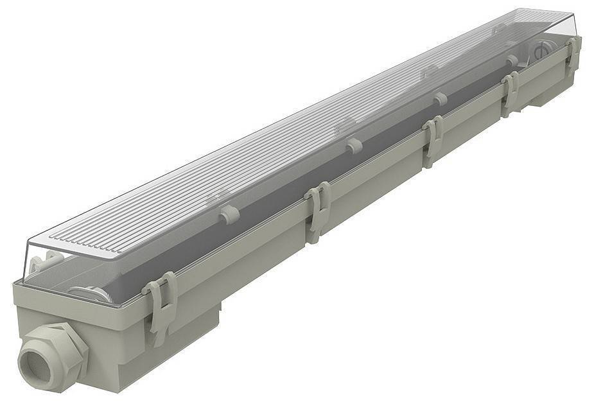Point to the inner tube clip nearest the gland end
(x=228, y=214)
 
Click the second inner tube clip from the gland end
(x=353, y=146)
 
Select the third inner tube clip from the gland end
(x=440, y=99)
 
